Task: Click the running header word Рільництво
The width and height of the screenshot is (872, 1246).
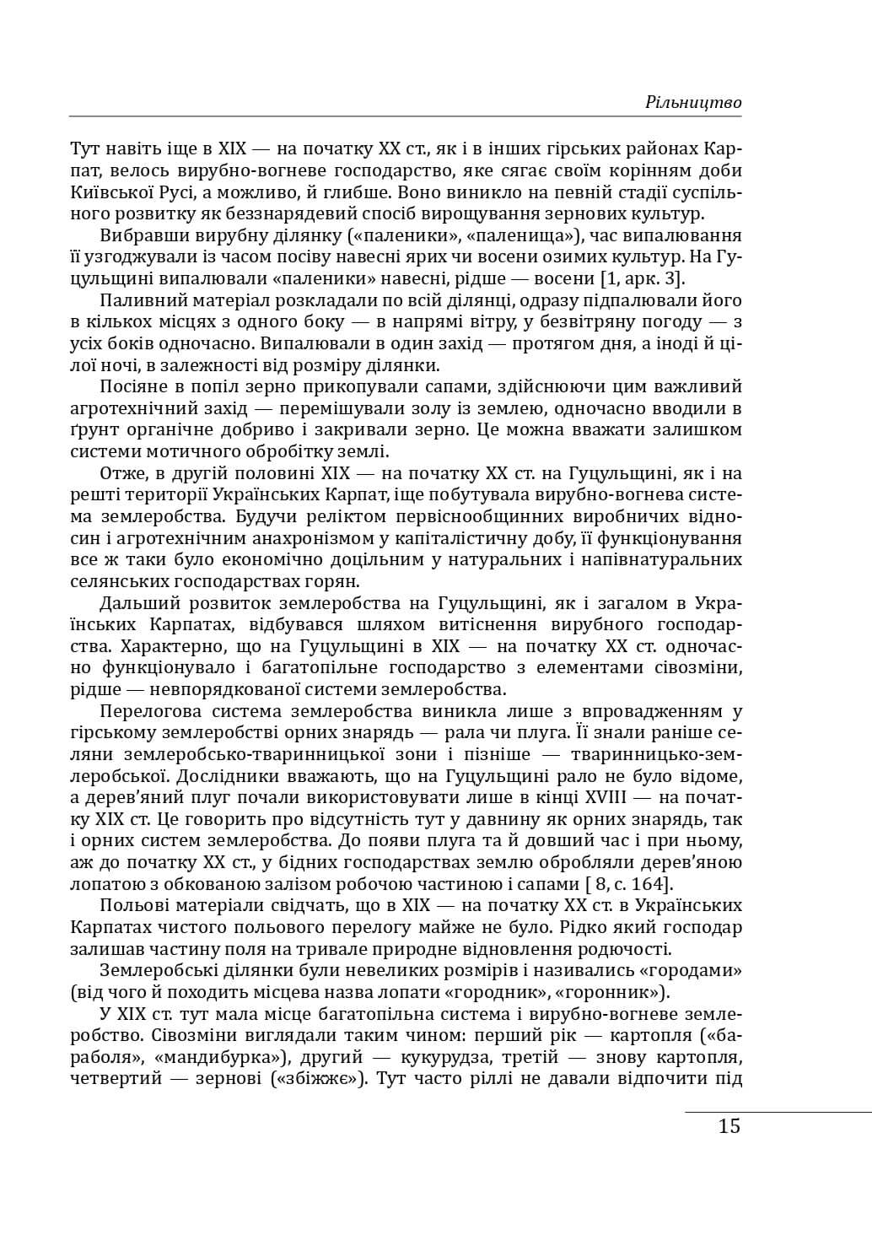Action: pos(693,102)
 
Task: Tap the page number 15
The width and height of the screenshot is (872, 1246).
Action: pos(729,1125)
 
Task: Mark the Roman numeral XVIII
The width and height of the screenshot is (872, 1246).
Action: pos(606,797)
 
